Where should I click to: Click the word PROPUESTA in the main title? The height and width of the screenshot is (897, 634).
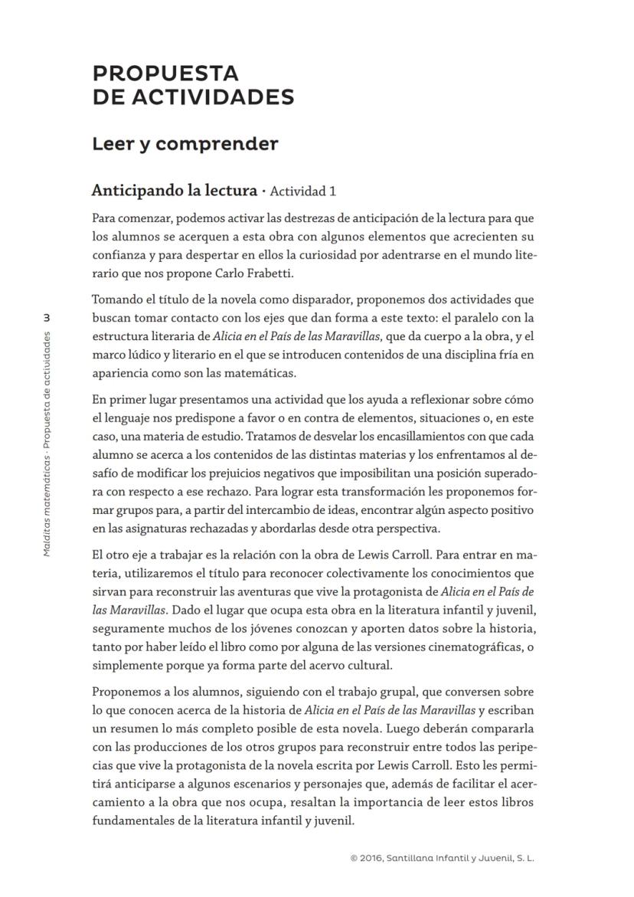165,74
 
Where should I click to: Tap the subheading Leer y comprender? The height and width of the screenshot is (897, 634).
185,144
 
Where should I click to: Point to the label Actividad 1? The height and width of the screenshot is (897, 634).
303,191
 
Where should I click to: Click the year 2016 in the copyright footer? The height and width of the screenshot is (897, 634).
371,859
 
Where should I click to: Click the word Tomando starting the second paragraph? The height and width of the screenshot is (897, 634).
116,300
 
